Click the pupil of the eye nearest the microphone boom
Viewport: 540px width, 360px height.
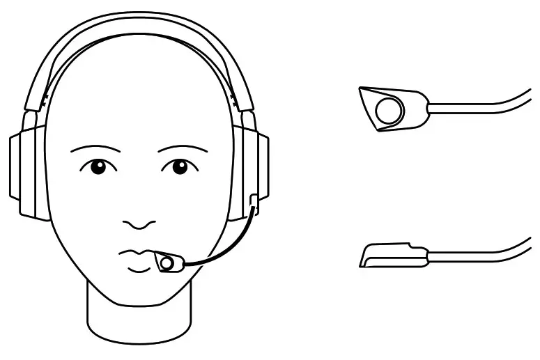(180, 166)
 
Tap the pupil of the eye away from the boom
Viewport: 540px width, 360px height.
(98, 166)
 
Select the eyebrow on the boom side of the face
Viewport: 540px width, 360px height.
(183, 149)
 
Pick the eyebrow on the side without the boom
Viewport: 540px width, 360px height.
(95, 149)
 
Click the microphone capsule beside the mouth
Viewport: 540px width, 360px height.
(167, 263)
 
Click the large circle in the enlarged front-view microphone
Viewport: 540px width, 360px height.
(389, 109)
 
